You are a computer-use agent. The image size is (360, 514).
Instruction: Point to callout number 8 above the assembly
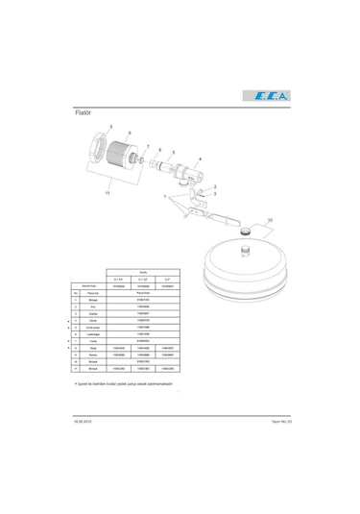coord(130,134)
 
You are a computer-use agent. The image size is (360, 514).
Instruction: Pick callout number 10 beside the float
coord(270,220)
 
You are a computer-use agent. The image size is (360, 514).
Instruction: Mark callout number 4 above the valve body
coord(200,159)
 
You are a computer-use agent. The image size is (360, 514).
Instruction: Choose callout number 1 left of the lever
coord(164,196)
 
